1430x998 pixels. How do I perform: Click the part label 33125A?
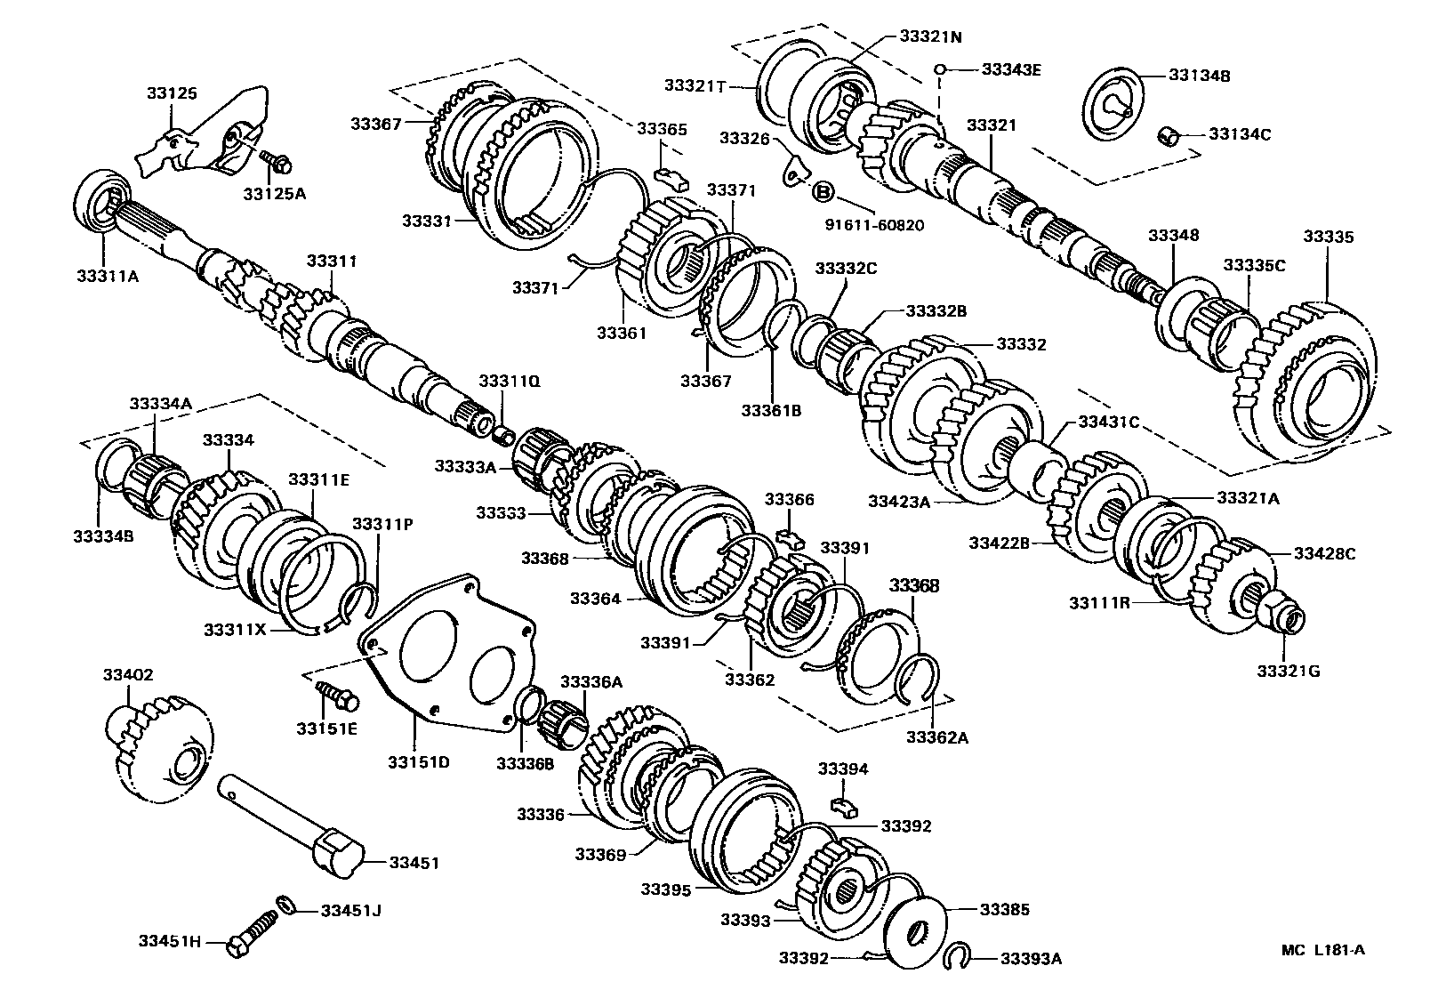click(274, 193)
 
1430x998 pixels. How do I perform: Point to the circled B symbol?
click(823, 190)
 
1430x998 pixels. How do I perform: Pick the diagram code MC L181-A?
click(1322, 949)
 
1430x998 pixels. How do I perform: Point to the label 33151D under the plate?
click(418, 761)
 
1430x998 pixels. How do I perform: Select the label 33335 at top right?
click(1328, 237)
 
